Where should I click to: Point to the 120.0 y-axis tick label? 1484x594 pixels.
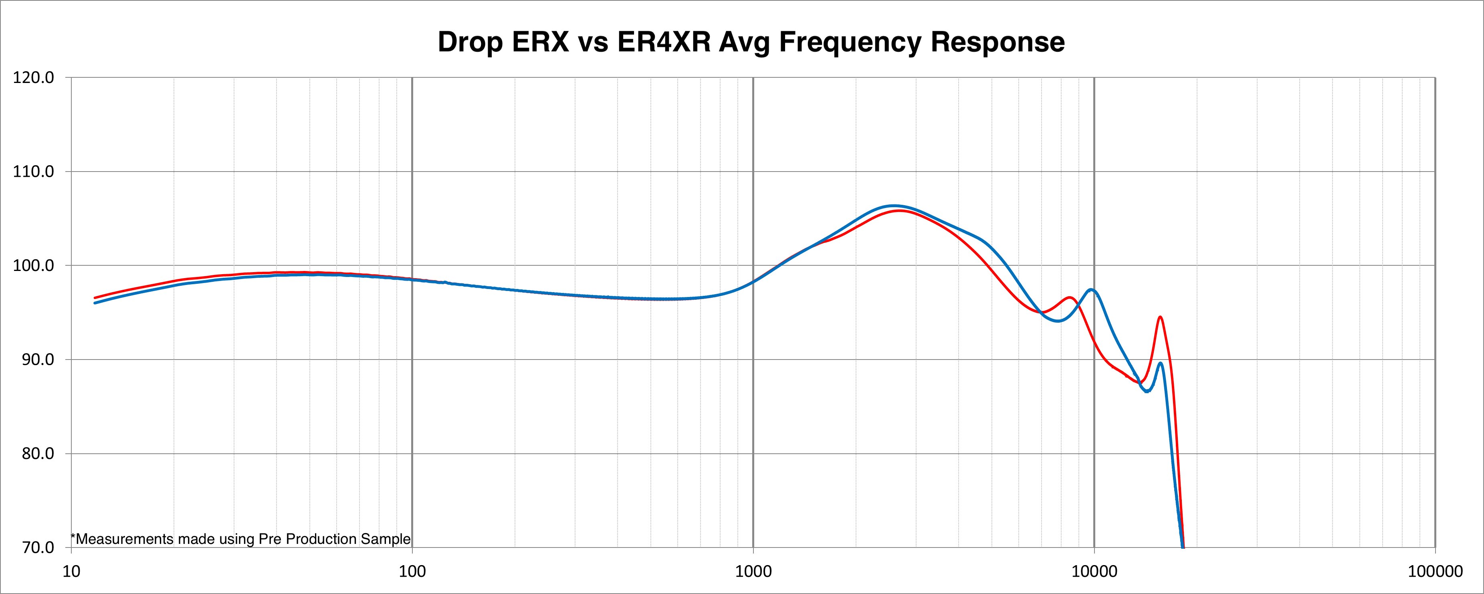pyautogui.click(x=33, y=77)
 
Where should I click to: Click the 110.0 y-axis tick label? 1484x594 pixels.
pyautogui.click(x=33, y=172)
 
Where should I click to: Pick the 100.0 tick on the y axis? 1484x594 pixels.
pyautogui.click(x=33, y=266)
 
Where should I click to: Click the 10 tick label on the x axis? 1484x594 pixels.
pyautogui.click(x=71, y=572)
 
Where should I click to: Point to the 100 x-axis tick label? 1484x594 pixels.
pyautogui.click(x=412, y=572)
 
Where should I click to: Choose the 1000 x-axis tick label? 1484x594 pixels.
pyautogui.click(x=753, y=572)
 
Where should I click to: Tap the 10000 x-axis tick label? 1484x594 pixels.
pyautogui.click(x=1094, y=572)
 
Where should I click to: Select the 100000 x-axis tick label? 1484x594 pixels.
pyautogui.click(x=1434, y=572)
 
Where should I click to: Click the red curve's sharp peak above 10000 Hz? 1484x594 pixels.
pyautogui.click(x=1160, y=317)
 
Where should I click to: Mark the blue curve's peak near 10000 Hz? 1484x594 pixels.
pyautogui.click(x=1092, y=290)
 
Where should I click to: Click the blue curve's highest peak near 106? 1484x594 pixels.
pyautogui.click(x=893, y=206)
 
